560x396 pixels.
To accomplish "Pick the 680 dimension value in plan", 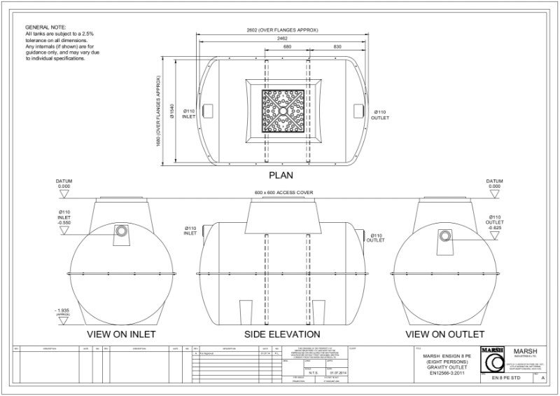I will tap(268, 47).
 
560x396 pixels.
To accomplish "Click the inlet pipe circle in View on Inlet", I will tap(122, 231).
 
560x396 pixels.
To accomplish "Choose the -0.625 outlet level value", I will tap(494, 228).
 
